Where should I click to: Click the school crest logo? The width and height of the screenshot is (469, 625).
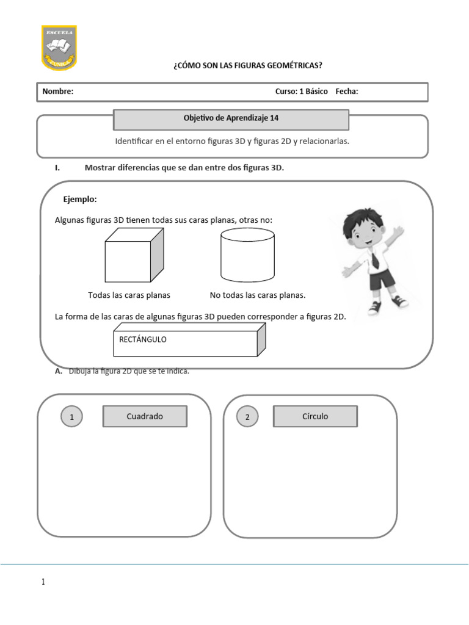pyautogui.click(x=59, y=47)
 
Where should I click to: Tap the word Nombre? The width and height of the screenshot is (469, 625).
pyautogui.click(x=58, y=92)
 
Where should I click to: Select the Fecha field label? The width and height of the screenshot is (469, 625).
pyautogui.click(x=347, y=92)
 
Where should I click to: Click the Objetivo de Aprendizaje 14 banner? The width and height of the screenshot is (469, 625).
pyautogui.click(x=231, y=119)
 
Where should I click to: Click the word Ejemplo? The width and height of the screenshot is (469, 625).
pyautogui.click(x=80, y=200)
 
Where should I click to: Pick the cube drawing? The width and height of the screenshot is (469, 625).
pyautogui.click(x=134, y=255)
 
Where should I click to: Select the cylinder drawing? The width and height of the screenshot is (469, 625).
pyautogui.click(x=247, y=255)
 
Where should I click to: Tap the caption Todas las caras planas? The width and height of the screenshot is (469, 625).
pyautogui.click(x=129, y=295)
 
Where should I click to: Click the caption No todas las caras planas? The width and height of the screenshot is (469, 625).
pyautogui.click(x=257, y=295)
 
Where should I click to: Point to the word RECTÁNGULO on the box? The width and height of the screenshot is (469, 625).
pyautogui.click(x=143, y=339)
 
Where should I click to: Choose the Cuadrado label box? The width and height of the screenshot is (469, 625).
pyautogui.click(x=145, y=417)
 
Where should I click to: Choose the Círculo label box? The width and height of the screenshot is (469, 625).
pyautogui.click(x=315, y=417)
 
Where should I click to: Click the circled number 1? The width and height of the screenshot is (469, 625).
pyautogui.click(x=72, y=417)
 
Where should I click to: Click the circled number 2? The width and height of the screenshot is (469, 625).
pyautogui.click(x=247, y=417)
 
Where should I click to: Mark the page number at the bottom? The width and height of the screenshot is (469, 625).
pyautogui.click(x=43, y=582)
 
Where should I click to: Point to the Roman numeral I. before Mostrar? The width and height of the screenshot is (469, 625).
pyautogui.click(x=57, y=168)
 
